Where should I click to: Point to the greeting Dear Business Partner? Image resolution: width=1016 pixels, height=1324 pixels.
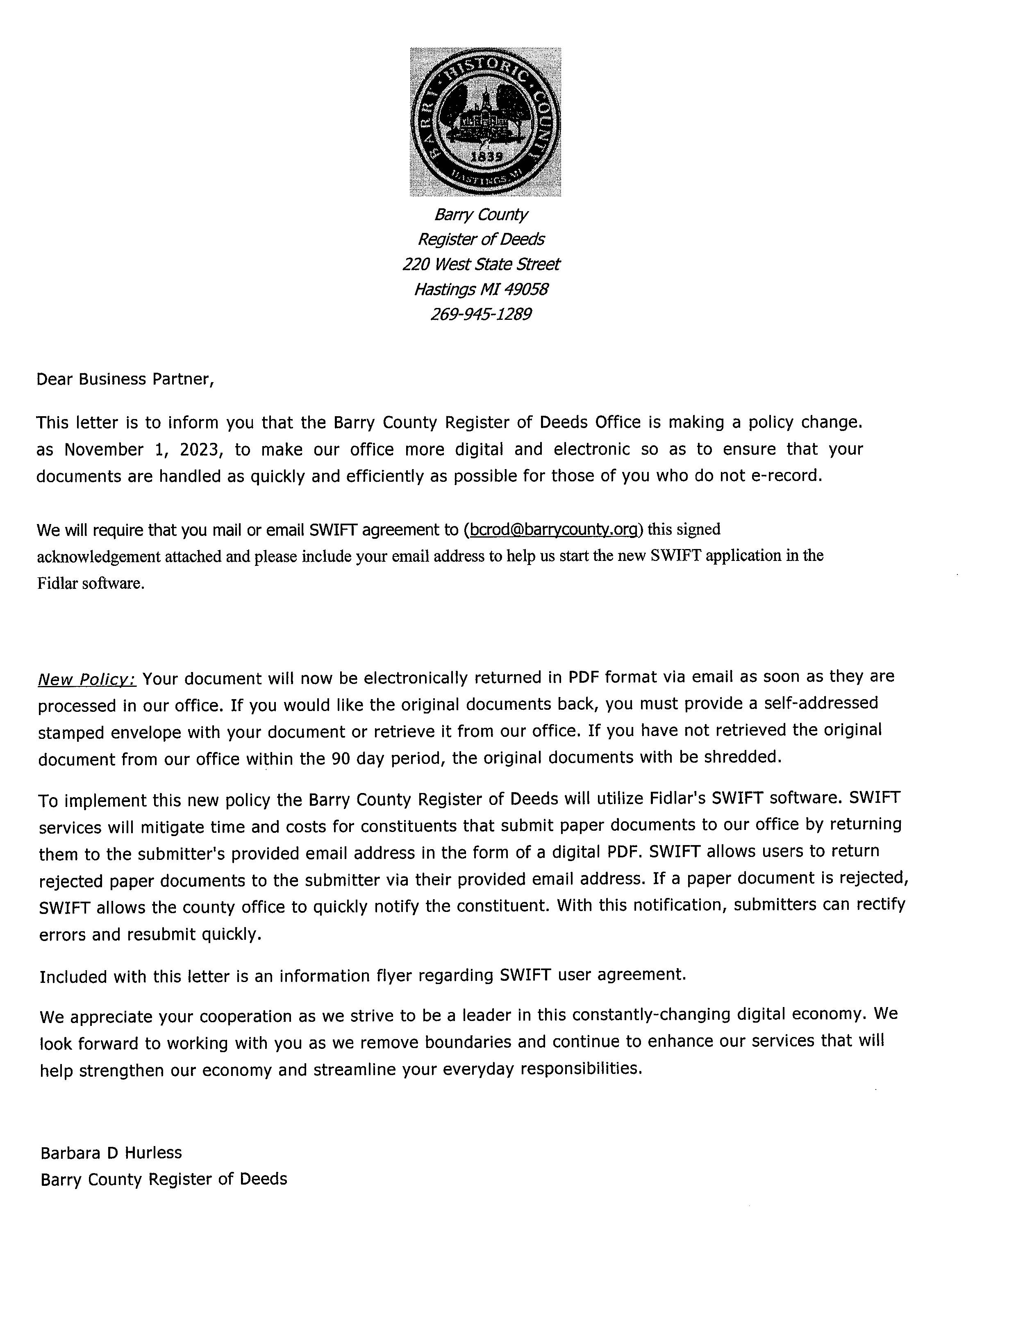(125, 379)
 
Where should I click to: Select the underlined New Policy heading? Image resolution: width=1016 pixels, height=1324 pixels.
(87, 679)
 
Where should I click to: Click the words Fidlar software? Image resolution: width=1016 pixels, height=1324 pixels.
(91, 583)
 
